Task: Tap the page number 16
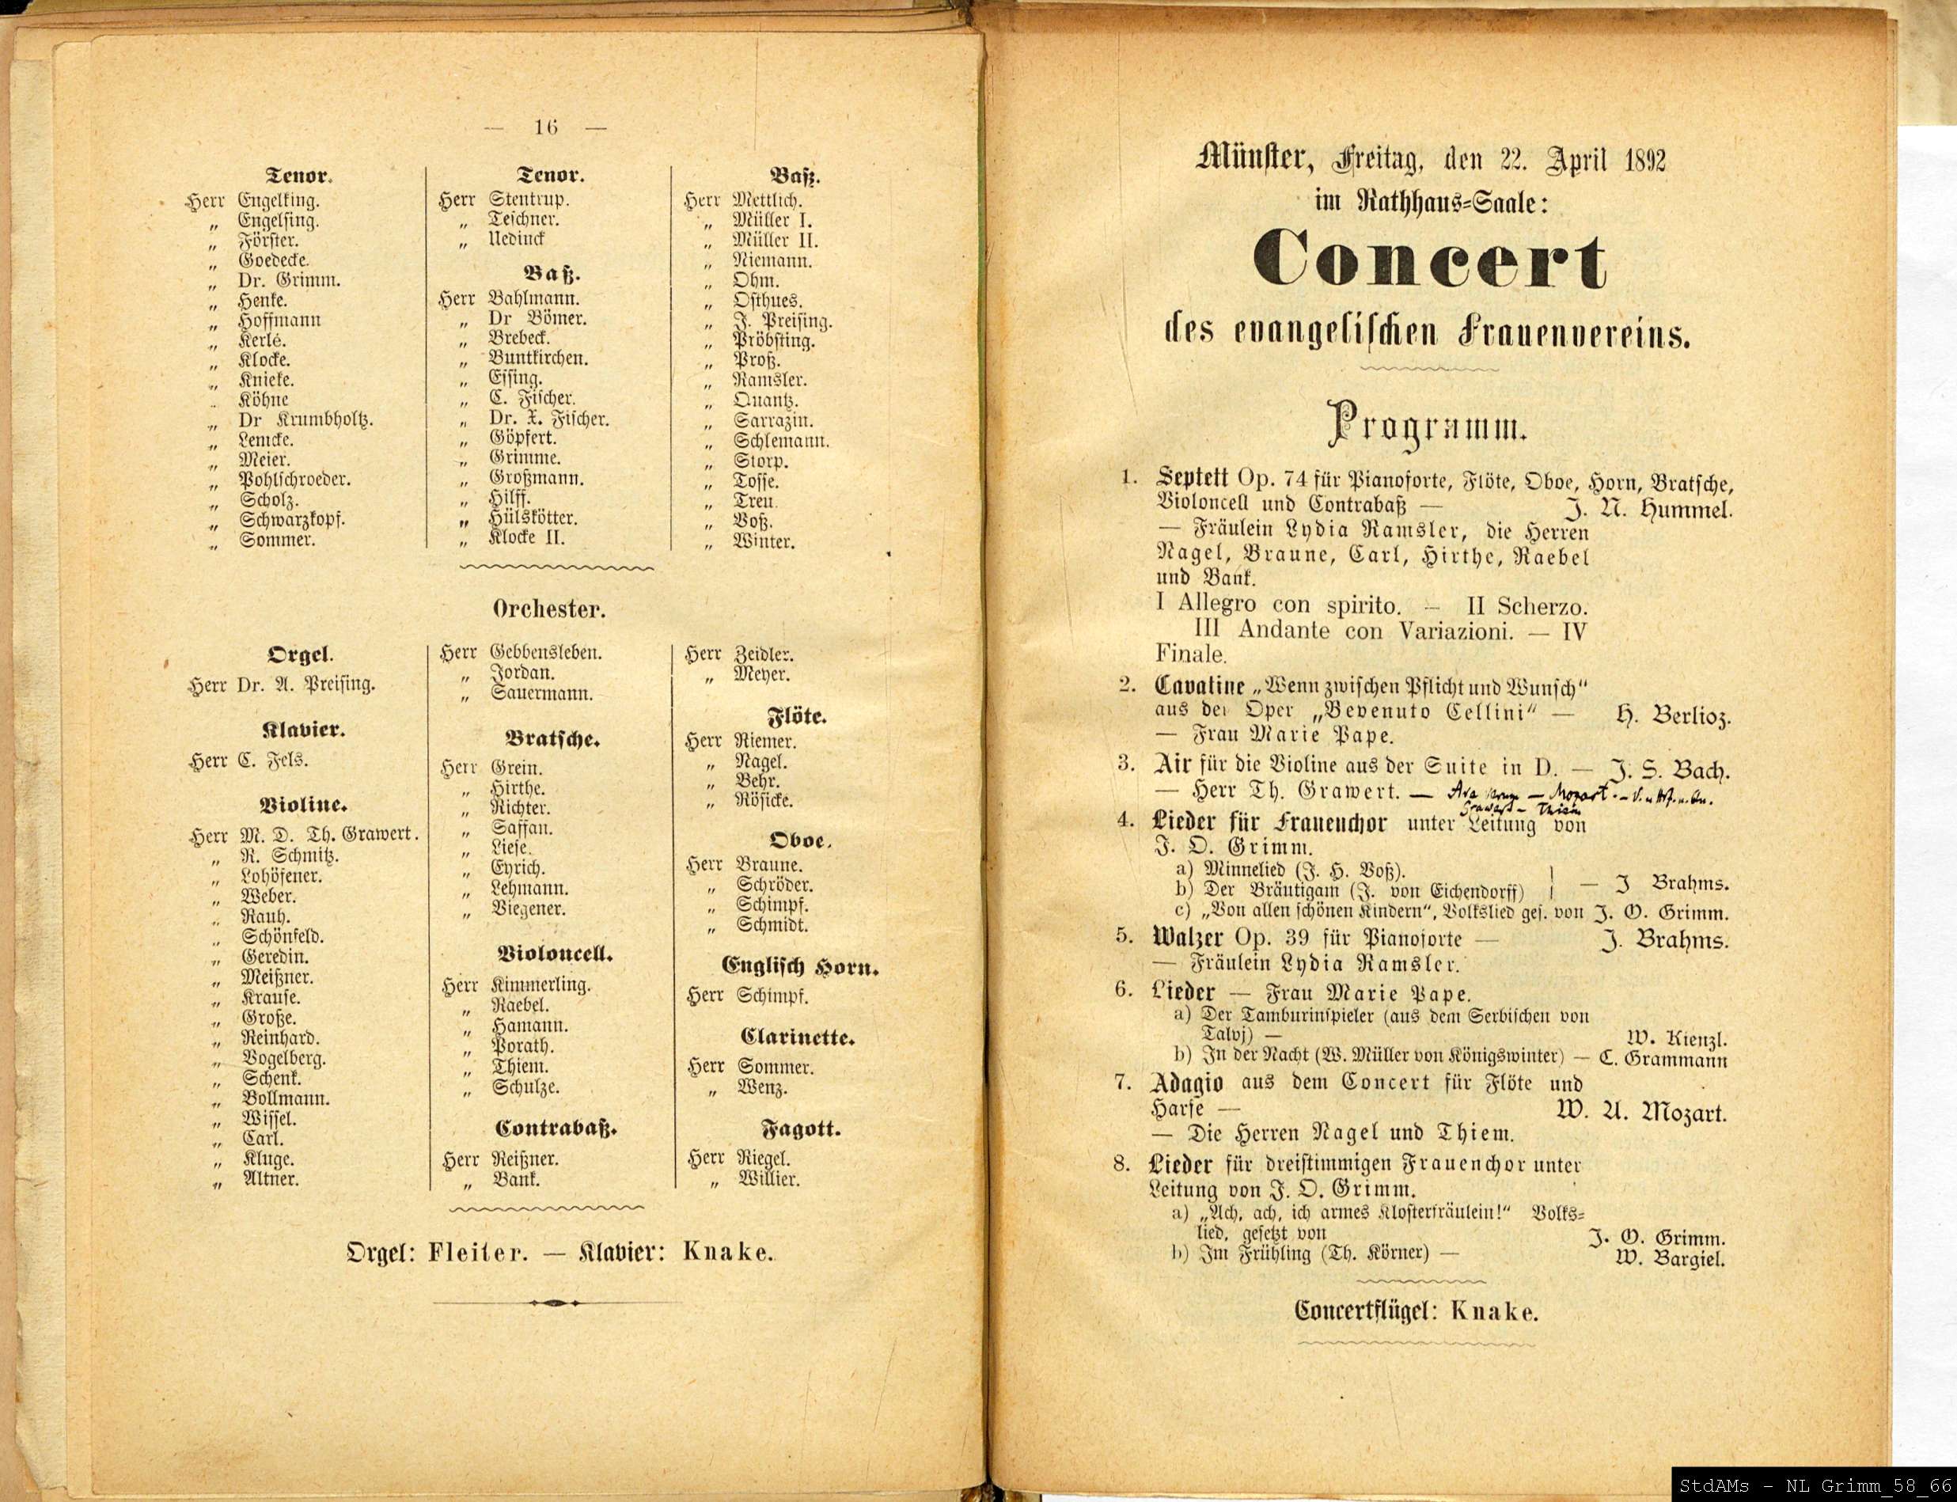[x=545, y=127]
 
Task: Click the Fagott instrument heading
[x=800, y=1128]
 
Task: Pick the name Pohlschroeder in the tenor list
[x=294, y=480]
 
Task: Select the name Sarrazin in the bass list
[x=773, y=420]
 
